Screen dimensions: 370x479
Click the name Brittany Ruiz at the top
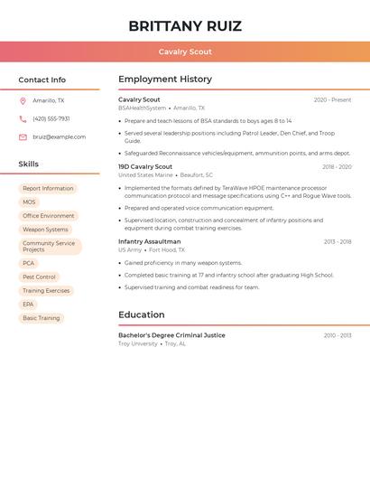point(185,25)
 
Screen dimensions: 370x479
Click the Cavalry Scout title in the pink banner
point(185,52)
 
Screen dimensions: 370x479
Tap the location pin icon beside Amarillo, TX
point(23,101)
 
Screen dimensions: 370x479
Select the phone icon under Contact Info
point(23,119)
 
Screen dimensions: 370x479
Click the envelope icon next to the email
point(23,137)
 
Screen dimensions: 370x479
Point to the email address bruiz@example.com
point(59,137)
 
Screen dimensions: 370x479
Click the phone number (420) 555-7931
point(51,119)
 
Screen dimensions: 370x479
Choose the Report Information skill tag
point(48,189)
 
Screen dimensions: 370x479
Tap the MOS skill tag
point(29,202)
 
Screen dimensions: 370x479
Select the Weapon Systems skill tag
point(45,230)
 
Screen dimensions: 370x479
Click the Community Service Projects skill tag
point(50,246)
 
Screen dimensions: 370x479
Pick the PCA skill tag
point(29,263)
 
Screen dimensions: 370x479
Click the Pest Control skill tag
point(39,277)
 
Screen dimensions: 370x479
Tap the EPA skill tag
point(28,305)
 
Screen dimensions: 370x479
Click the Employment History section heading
point(165,80)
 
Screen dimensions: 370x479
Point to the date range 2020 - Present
point(332,100)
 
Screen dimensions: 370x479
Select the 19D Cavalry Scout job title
point(145,167)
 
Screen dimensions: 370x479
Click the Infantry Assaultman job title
point(149,242)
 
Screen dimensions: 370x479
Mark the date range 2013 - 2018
point(338,242)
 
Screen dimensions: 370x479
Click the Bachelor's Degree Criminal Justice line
point(171,335)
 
